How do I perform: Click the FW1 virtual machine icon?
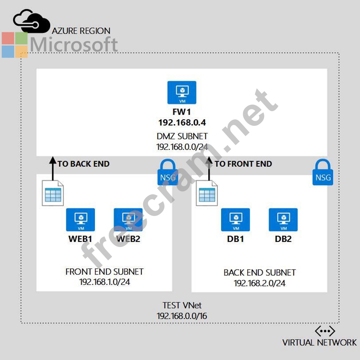(x=182, y=93)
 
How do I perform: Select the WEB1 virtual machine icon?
(x=80, y=220)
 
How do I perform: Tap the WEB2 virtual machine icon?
(x=128, y=220)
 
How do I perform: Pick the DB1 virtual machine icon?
(x=235, y=220)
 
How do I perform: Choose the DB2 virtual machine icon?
(x=283, y=220)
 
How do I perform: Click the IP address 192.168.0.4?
(x=182, y=123)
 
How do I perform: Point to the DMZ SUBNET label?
(x=182, y=136)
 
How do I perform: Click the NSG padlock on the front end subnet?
(x=168, y=173)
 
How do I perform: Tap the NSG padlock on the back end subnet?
(x=323, y=173)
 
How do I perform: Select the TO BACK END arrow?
(x=53, y=168)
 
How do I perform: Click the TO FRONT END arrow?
(x=209, y=168)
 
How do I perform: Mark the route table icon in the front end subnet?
(x=53, y=193)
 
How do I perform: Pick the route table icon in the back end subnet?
(x=207, y=193)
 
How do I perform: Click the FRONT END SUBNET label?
(x=104, y=272)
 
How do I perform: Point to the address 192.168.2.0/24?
(x=260, y=283)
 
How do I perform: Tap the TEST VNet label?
(x=182, y=305)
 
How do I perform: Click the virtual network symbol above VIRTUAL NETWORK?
(x=325, y=331)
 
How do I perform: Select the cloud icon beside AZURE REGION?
(x=31, y=21)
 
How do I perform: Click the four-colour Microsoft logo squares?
(x=15, y=45)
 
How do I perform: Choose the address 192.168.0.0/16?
(x=182, y=316)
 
